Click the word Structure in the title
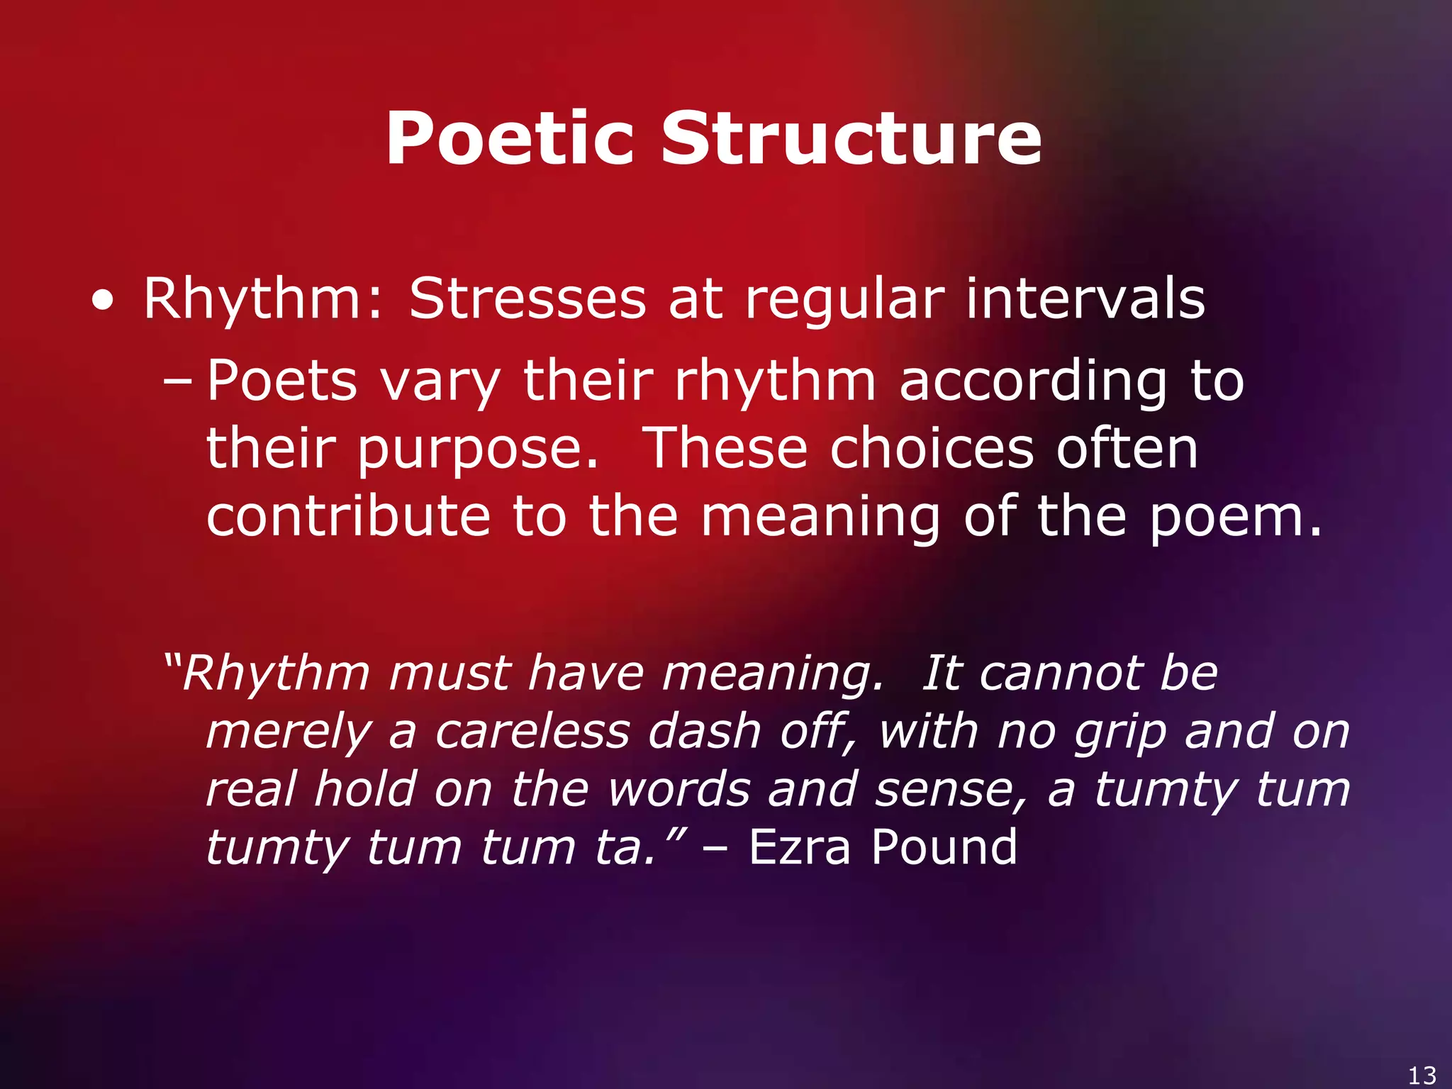(851, 139)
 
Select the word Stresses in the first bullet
(527, 298)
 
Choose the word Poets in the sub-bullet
(281, 381)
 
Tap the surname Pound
(944, 847)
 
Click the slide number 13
(1422, 1075)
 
